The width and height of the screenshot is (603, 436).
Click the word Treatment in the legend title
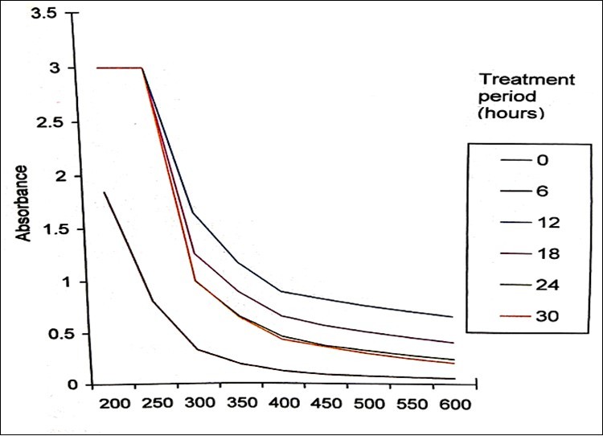coord(527,79)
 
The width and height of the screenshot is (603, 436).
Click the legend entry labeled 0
coord(542,160)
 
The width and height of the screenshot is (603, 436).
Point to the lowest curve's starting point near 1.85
coord(104,192)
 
